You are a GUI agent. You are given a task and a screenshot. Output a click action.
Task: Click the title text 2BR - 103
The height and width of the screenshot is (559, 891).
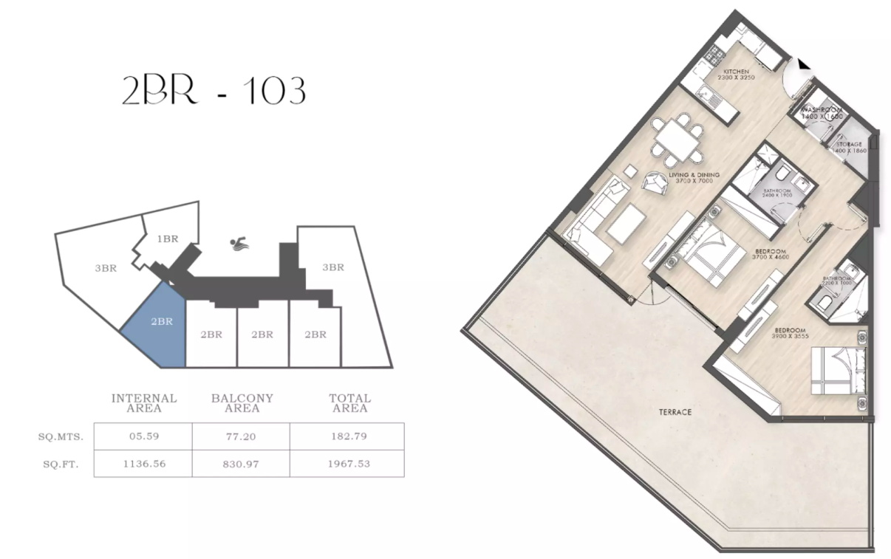(x=214, y=90)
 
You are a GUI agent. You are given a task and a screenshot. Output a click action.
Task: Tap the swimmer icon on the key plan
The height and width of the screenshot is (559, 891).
(x=239, y=244)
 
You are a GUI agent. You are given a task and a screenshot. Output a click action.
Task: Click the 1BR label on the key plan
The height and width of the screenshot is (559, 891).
(x=168, y=239)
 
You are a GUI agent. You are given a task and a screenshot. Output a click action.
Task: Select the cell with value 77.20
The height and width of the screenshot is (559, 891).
(x=241, y=436)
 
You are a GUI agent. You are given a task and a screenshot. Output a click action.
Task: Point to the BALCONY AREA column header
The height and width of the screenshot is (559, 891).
(x=242, y=402)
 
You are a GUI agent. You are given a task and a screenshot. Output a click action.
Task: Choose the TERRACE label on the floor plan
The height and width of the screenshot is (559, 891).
(x=675, y=412)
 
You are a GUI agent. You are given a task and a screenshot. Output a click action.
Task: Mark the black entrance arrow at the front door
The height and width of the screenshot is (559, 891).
(x=804, y=64)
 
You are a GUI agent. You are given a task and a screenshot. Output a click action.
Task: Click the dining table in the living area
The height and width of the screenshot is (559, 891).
(x=677, y=139)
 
